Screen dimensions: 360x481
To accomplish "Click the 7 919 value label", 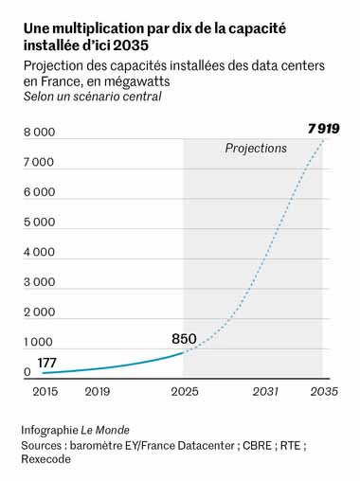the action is [324, 129].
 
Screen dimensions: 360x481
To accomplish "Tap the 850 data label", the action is [184, 339].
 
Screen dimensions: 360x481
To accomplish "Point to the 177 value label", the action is [46, 363].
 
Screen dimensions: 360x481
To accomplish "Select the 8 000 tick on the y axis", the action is [40, 133].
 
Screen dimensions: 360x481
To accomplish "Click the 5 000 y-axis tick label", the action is [40, 223].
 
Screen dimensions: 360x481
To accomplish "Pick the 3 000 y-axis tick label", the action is [40, 282].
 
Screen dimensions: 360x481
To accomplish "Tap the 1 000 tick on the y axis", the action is [38, 342].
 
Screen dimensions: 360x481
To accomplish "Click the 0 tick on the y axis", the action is [27, 372].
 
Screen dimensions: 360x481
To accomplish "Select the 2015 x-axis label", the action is [45, 392].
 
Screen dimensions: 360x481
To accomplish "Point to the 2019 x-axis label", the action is [98, 392].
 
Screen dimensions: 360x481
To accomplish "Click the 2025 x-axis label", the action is [185, 392].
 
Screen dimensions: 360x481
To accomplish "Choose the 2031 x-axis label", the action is [265, 392].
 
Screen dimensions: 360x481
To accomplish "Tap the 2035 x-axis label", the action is [324, 392].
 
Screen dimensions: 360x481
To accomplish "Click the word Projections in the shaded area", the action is [256, 149].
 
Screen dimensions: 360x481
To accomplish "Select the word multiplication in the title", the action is [98, 29].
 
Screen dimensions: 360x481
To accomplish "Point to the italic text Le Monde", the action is [105, 430].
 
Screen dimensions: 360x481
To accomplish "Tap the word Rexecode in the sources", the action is [46, 459].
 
